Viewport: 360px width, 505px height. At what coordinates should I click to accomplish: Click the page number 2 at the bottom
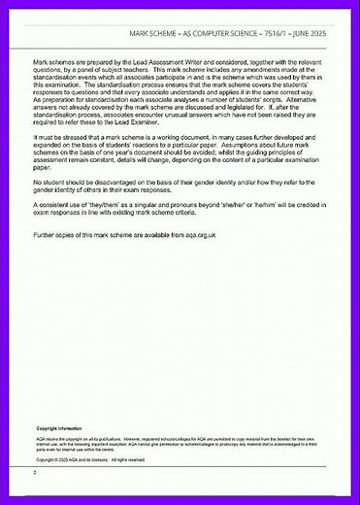35,473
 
